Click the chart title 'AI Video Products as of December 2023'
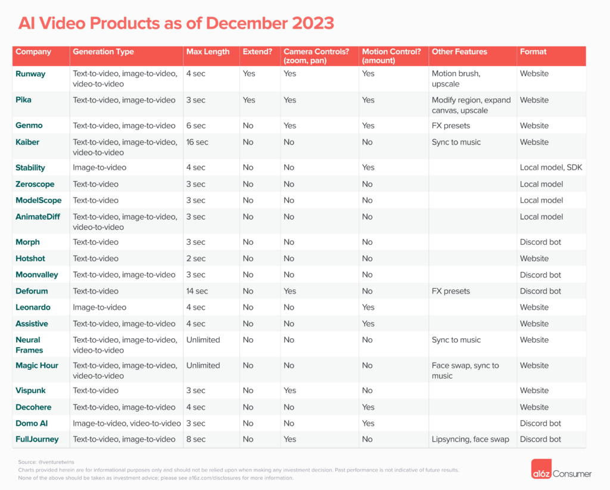(x=176, y=23)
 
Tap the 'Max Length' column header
(x=207, y=52)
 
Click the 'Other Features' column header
(x=459, y=52)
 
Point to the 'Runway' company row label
(x=30, y=74)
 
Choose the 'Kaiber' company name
(x=28, y=142)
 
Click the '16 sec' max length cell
(x=197, y=142)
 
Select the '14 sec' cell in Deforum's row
(x=197, y=291)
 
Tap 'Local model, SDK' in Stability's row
(x=551, y=168)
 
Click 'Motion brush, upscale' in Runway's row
(x=456, y=79)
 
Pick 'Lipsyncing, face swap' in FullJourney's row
(x=471, y=439)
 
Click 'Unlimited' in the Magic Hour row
(x=203, y=366)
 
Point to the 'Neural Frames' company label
(x=29, y=345)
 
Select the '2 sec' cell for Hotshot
(x=195, y=258)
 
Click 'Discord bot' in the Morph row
(x=540, y=242)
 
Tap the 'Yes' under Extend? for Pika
(x=249, y=100)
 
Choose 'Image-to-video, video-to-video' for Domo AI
(x=127, y=423)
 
